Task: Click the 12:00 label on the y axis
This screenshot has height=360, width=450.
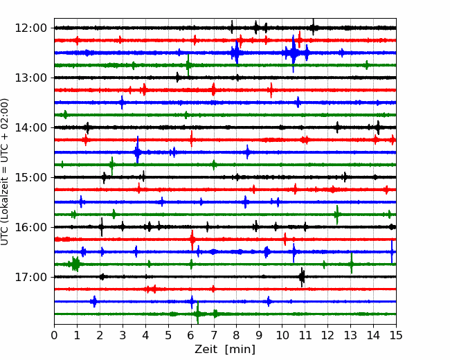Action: (x=30, y=28)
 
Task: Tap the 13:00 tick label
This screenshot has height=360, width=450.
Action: (x=30, y=78)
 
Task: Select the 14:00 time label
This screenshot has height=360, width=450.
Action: (x=30, y=127)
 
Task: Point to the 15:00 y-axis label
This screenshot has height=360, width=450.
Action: (x=30, y=177)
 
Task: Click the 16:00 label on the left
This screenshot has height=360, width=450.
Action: (x=30, y=227)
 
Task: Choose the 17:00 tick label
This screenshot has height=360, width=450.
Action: (x=30, y=277)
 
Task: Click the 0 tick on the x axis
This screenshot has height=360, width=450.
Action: (x=54, y=335)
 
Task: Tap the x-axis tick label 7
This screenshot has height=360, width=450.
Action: (x=214, y=335)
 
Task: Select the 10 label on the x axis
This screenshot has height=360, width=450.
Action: (x=282, y=335)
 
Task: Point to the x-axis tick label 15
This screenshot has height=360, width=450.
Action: (x=396, y=335)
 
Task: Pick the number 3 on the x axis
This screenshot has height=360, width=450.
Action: (x=123, y=335)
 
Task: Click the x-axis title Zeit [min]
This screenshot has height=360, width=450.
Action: (x=225, y=350)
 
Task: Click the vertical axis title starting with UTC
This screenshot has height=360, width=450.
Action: (x=4, y=172)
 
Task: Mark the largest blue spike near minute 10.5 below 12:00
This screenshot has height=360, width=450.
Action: (x=293, y=53)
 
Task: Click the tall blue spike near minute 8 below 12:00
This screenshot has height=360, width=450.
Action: (x=236, y=52)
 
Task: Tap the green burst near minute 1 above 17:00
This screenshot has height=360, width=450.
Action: (x=75, y=264)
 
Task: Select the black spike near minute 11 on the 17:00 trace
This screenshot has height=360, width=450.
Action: (x=302, y=277)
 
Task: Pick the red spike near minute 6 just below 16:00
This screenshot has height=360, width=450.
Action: (x=192, y=240)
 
